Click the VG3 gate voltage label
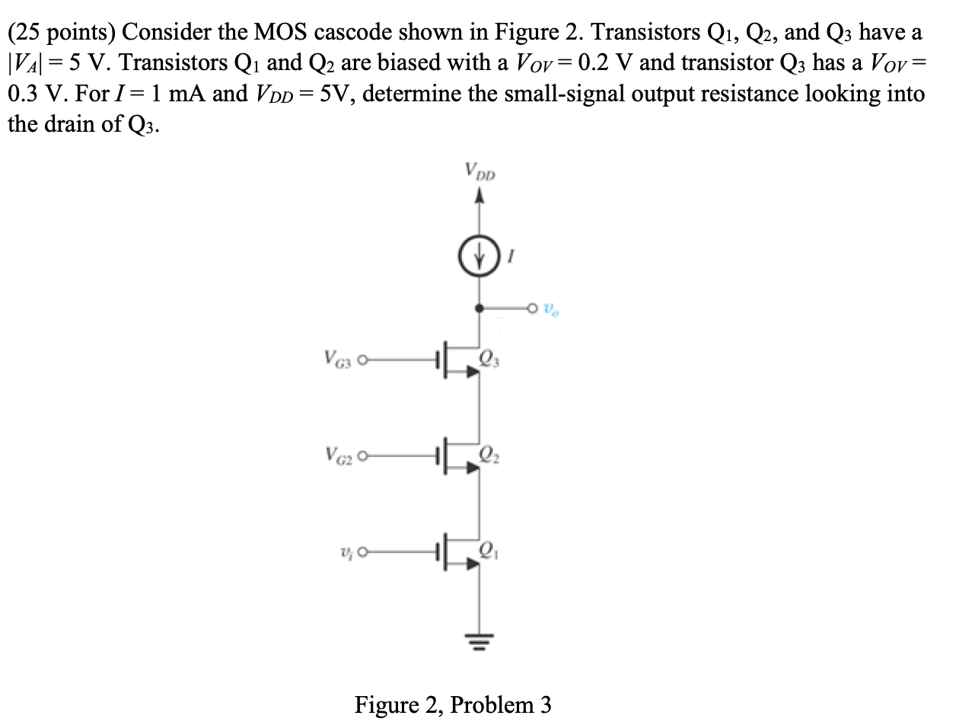(x=337, y=359)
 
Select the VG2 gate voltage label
(x=337, y=456)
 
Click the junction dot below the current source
(x=478, y=309)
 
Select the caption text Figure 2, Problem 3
(x=453, y=704)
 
